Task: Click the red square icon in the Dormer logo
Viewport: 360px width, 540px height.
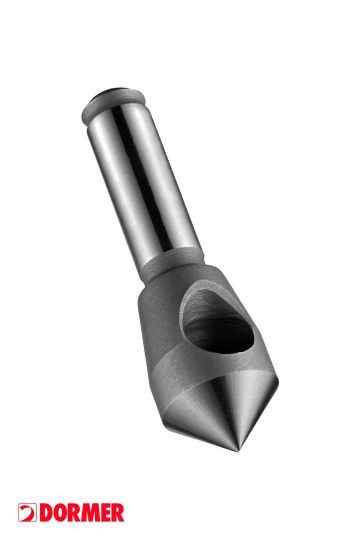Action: [26, 513]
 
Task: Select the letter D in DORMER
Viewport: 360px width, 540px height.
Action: [44, 513]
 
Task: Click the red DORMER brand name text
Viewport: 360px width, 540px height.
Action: [80, 513]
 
